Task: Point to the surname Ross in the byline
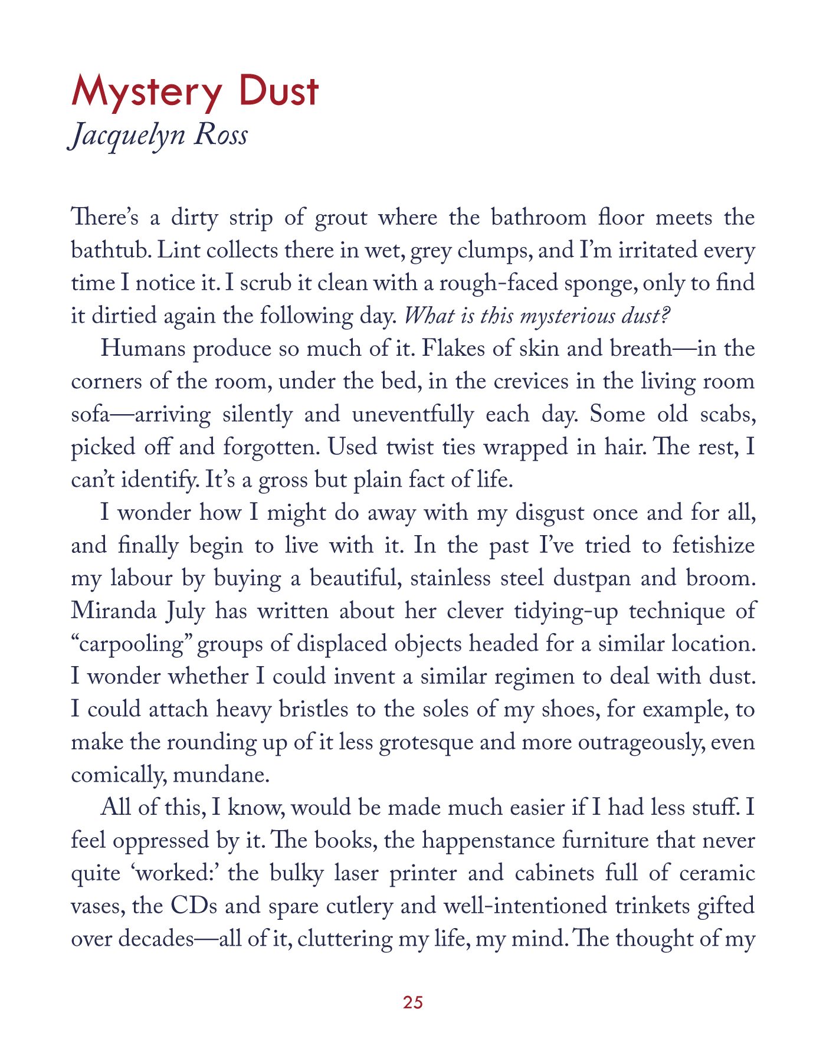pos(221,135)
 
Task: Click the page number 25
pos(413,1001)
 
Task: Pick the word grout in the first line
pos(342,218)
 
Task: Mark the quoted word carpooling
pos(134,644)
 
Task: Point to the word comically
pos(117,775)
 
